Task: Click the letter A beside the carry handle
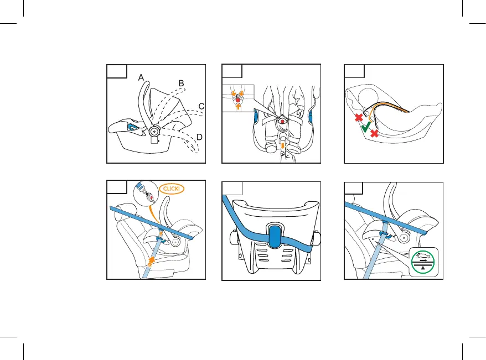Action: pyautogui.click(x=141, y=77)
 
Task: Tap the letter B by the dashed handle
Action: pyautogui.click(x=182, y=84)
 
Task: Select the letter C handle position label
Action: pyautogui.click(x=201, y=107)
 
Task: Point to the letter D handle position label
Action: pyautogui.click(x=199, y=137)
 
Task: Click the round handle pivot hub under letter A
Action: pyautogui.click(x=154, y=132)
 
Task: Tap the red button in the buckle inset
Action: pyautogui.click(x=237, y=100)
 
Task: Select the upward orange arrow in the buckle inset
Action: pyautogui.click(x=238, y=107)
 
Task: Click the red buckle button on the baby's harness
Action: pyautogui.click(x=282, y=121)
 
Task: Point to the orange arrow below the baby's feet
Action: pyautogui.click(x=283, y=145)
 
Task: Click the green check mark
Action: pyautogui.click(x=366, y=127)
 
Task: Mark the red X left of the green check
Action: pyautogui.click(x=359, y=117)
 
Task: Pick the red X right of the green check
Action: pyautogui.click(x=374, y=133)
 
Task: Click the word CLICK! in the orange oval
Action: pyautogui.click(x=172, y=189)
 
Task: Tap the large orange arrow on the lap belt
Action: pyautogui.click(x=151, y=261)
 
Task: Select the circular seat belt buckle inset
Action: pyautogui.click(x=146, y=194)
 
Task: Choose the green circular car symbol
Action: pyautogui.click(x=423, y=262)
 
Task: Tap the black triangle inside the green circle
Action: pyautogui.click(x=423, y=268)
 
